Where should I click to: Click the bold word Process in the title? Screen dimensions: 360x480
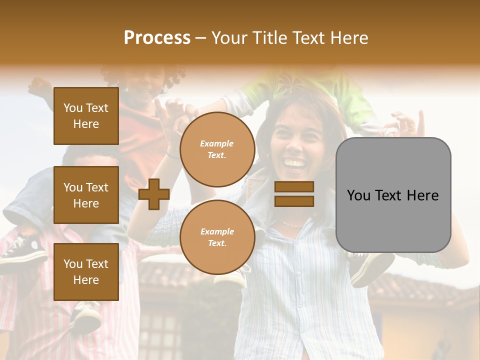pos(157,38)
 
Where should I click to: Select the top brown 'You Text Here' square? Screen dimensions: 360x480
pos(86,116)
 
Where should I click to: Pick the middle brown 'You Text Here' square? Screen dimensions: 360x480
pos(86,195)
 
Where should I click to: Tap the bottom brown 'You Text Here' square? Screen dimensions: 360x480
pos(86,271)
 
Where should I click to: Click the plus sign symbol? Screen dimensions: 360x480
pos(154,194)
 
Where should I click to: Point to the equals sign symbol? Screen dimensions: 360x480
pos(294,194)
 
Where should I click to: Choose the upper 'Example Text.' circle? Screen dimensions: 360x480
pos(217,149)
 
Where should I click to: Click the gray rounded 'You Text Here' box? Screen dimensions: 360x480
pos(393,194)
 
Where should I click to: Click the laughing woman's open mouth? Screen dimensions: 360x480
pos(295,164)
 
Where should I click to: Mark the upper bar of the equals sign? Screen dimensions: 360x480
pos(294,187)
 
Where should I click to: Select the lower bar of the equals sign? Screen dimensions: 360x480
pos(294,201)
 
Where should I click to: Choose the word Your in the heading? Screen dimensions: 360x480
pos(230,38)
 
